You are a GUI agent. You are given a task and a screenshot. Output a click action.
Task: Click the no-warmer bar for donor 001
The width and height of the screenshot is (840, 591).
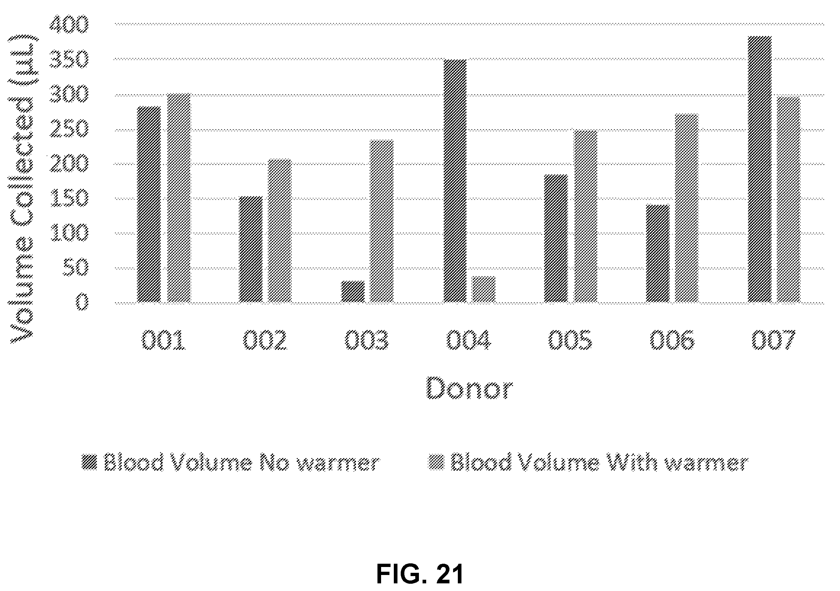[149, 204]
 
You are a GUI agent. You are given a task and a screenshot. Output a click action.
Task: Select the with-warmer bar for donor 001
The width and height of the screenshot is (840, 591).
[179, 197]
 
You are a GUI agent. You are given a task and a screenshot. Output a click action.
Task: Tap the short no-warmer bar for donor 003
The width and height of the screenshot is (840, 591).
[353, 292]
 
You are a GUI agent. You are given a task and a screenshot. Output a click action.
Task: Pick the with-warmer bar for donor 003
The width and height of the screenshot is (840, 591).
[381, 221]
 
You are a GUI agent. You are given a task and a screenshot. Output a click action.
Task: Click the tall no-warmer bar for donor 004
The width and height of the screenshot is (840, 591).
[455, 181]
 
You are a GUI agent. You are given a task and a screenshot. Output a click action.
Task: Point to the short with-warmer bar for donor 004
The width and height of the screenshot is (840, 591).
[484, 289]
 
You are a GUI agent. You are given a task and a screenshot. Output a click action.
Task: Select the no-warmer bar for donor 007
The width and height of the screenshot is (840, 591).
[760, 169]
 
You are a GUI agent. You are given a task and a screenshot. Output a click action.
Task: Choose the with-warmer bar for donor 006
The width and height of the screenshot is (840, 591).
[687, 208]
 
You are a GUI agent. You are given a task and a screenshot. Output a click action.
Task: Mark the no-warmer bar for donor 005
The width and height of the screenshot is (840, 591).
[556, 238]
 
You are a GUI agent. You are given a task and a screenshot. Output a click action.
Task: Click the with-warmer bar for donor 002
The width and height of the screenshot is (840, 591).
[280, 231]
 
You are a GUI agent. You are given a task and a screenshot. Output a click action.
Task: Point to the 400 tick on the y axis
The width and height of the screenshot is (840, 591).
[69, 24]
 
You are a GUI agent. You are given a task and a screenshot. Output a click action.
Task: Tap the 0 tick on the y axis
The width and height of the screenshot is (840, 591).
[82, 303]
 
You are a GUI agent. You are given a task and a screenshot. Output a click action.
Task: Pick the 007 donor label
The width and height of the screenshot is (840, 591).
[774, 340]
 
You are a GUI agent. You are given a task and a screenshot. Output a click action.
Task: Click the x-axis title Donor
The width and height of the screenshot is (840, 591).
[470, 388]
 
